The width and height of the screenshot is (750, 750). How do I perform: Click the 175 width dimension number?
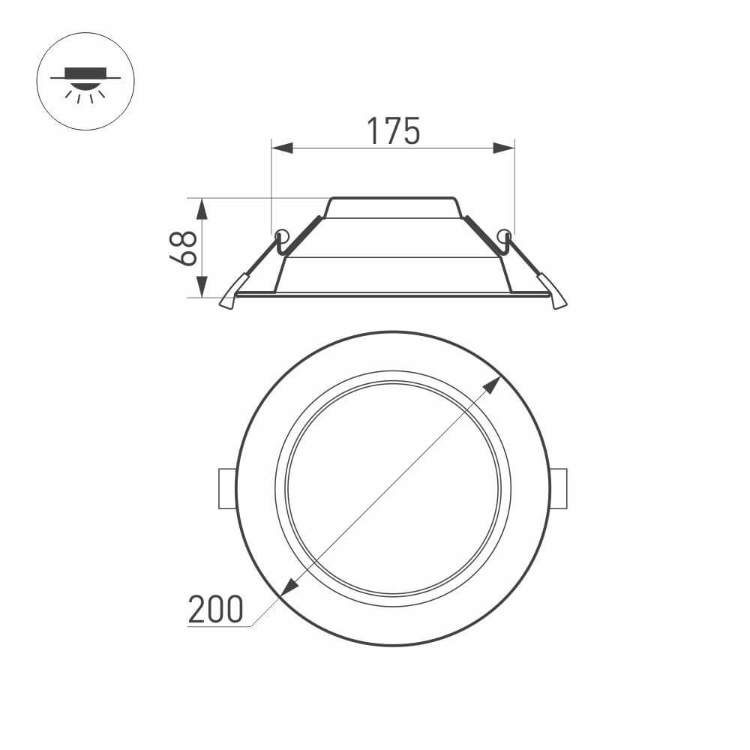tap(393, 131)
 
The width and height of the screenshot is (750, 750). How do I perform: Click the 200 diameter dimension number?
tap(216, 609)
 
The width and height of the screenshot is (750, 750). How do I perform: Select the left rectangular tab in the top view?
tap(226, 488)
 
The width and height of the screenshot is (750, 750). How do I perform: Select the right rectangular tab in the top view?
tap(559, 488)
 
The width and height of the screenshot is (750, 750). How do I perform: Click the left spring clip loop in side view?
tap(281, 235)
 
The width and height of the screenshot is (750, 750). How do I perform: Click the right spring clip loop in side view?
tap(504, 235)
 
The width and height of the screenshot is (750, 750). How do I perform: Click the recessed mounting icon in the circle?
tap(85, 82)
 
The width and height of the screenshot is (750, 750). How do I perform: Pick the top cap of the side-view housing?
tap(392, 208)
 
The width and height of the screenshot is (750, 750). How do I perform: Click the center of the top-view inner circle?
tap(392, 488)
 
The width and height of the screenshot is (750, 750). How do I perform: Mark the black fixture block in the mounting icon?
tap(85, 73)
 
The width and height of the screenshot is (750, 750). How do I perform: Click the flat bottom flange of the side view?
tap(392, 295)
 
